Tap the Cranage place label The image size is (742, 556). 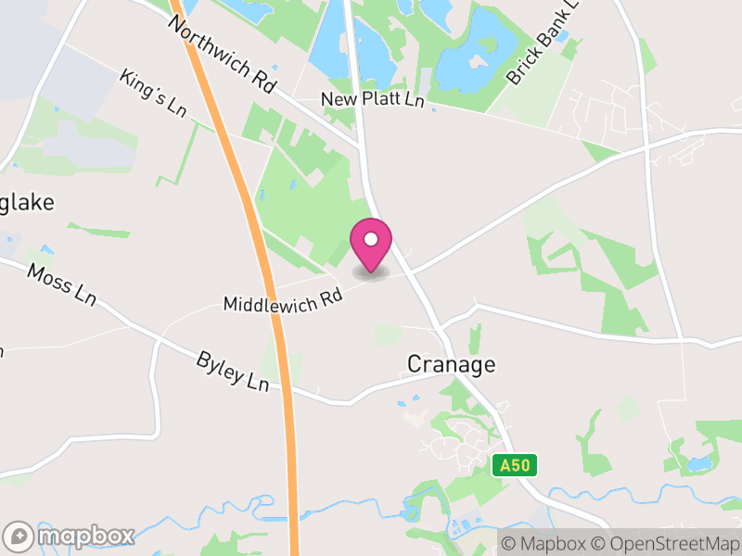pyautogui.click(x=452, y=364)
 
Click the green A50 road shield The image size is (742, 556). pyautogui.click(x=515, y=465)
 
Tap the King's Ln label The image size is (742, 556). pyautogui.click(x=154, y=92)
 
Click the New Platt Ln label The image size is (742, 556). pyautogui.click(x=372, y=99)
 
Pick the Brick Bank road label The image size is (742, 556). pyautogui.click(x=542, y=45)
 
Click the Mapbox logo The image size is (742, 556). pyautogui.click(x=70, y=536)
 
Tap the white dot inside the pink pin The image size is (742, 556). pyautogui.click(x=371, y=239)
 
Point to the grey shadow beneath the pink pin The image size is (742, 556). pyautogui.click(x=371, y=274)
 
